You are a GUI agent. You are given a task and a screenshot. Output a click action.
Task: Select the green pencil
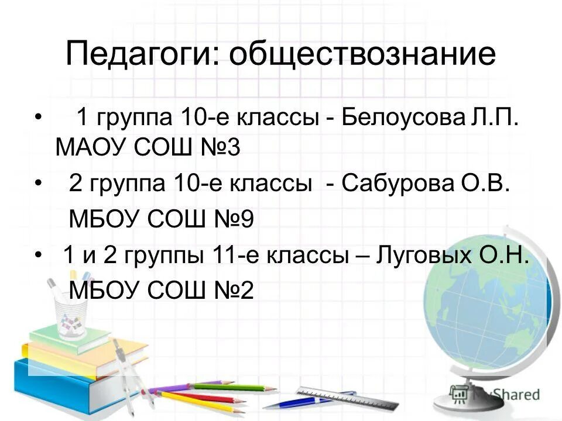234,387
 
